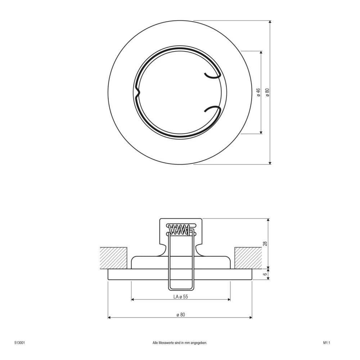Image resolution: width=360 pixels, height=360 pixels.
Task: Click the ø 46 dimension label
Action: point(258,93)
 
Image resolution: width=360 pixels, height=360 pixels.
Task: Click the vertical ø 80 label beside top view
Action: point(267,93)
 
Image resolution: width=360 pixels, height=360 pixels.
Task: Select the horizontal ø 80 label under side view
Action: point(180,314)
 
